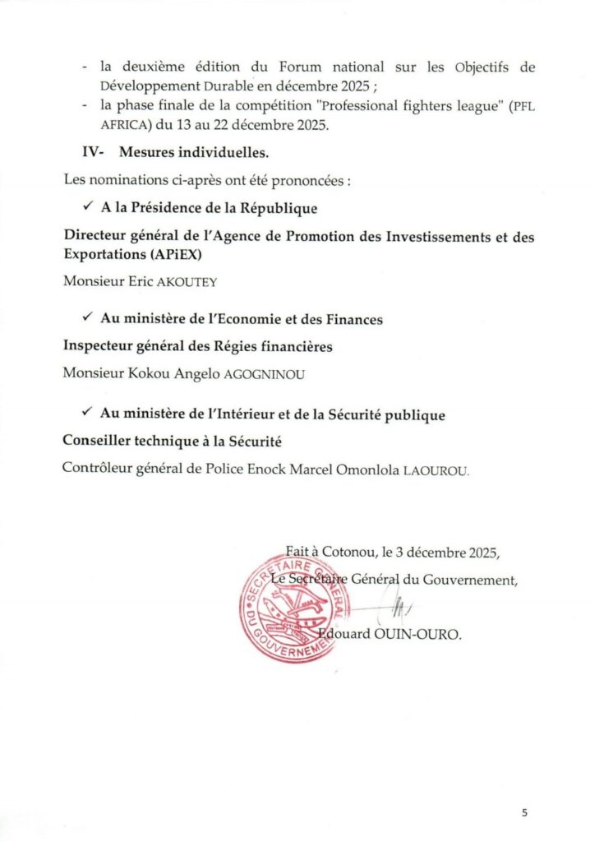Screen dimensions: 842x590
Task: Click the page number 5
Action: [x=524, y=812]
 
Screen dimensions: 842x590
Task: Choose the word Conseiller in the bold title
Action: [x=99, y=442]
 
